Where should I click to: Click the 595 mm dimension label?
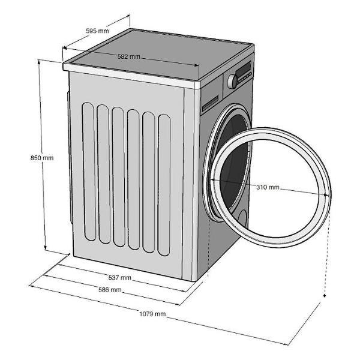pos(97,31)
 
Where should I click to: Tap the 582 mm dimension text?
pos(128,56)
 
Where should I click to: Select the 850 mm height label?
pos(42,158)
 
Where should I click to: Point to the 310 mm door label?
pos(268,187)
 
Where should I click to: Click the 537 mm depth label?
pos(119,278)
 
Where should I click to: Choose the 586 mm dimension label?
pos(110,290)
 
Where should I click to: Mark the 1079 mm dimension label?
pos(152,314)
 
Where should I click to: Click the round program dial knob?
pos(232,81)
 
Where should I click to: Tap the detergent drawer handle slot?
pos(210,103)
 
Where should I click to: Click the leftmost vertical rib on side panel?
pos(89,172)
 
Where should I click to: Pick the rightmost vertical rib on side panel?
pos(164,185)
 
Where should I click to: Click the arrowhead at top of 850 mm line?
pos(39,61)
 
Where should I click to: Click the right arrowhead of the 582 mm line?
pos(197,65)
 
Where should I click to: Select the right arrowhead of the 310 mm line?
pos(326,194)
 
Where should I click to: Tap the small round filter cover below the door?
pos(242,219)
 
